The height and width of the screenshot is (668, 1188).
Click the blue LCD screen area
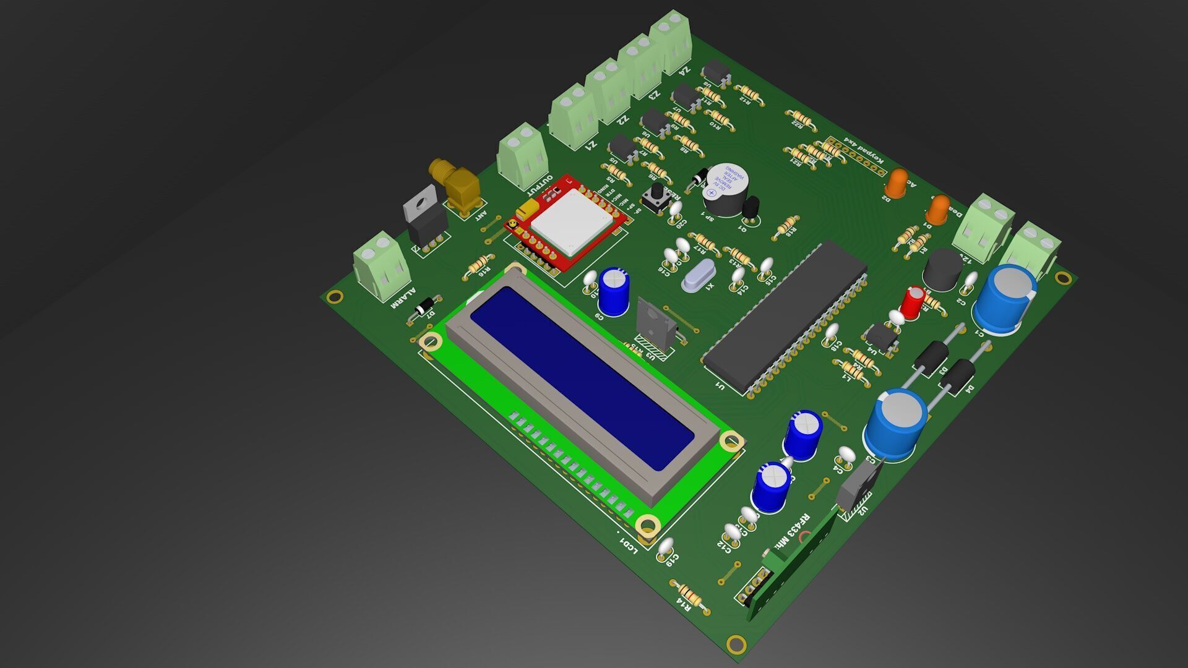coord(582,377)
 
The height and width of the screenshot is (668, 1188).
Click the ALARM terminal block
coord(381,266)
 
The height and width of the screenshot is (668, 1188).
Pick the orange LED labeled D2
coord(895,183)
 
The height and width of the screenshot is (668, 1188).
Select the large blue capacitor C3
coord(895,424)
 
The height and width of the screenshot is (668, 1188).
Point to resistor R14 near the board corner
coord(690,597)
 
